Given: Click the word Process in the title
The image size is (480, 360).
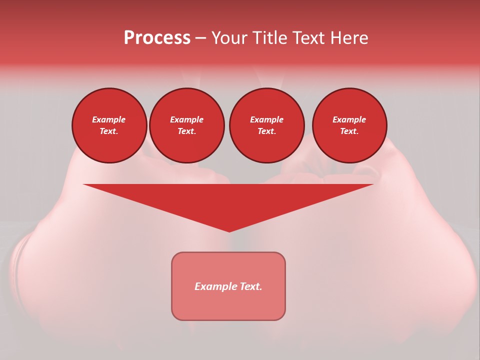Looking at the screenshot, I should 157,38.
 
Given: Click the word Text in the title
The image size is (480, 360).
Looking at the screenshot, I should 309,38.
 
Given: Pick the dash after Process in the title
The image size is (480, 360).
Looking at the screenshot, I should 201,38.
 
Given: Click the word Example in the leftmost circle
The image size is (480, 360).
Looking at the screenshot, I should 109,120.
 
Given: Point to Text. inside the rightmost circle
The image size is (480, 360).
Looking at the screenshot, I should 349,131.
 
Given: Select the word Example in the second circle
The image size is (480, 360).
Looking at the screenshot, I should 186,120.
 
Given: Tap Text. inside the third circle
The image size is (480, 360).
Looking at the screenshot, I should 266,131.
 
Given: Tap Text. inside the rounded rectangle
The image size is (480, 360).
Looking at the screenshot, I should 251,286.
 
